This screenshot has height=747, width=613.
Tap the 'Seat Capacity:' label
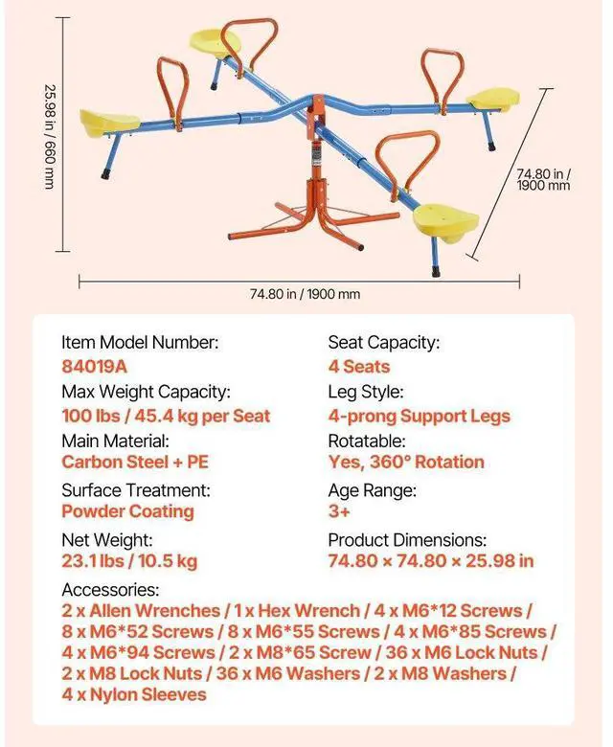point(383,342)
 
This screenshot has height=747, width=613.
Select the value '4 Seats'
point(358,367)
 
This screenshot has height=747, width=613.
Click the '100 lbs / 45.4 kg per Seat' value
point(166,416)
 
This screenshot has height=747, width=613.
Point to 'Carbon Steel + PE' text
point(134,462)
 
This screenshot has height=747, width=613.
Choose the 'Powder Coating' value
point(127,510)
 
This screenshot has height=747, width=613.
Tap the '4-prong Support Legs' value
point(419,416)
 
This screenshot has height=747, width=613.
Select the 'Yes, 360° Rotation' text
point(406,462)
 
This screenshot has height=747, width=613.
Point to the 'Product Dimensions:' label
point(407,539)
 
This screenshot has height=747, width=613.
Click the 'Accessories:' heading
point(109,590)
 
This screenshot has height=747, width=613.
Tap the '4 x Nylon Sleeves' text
point(134,693)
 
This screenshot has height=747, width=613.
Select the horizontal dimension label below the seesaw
point(299,294)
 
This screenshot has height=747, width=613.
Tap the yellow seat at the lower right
point(446,219)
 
